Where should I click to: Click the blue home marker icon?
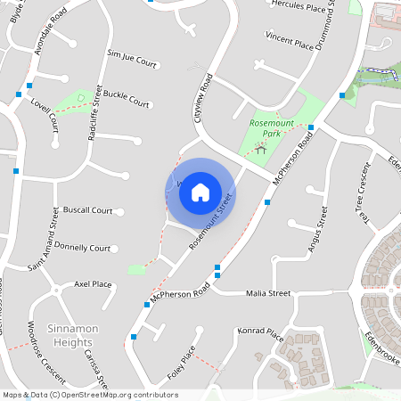click(x=200, y=192)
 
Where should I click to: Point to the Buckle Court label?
click(x=126, y=98)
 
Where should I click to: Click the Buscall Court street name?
click(x=88, y=211)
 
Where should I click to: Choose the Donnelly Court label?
click(x=82, y=247)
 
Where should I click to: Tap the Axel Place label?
click(x=93, y=284)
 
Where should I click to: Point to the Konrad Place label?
click(x=260, y=334)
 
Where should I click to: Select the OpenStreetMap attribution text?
click(x=90, y=394)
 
